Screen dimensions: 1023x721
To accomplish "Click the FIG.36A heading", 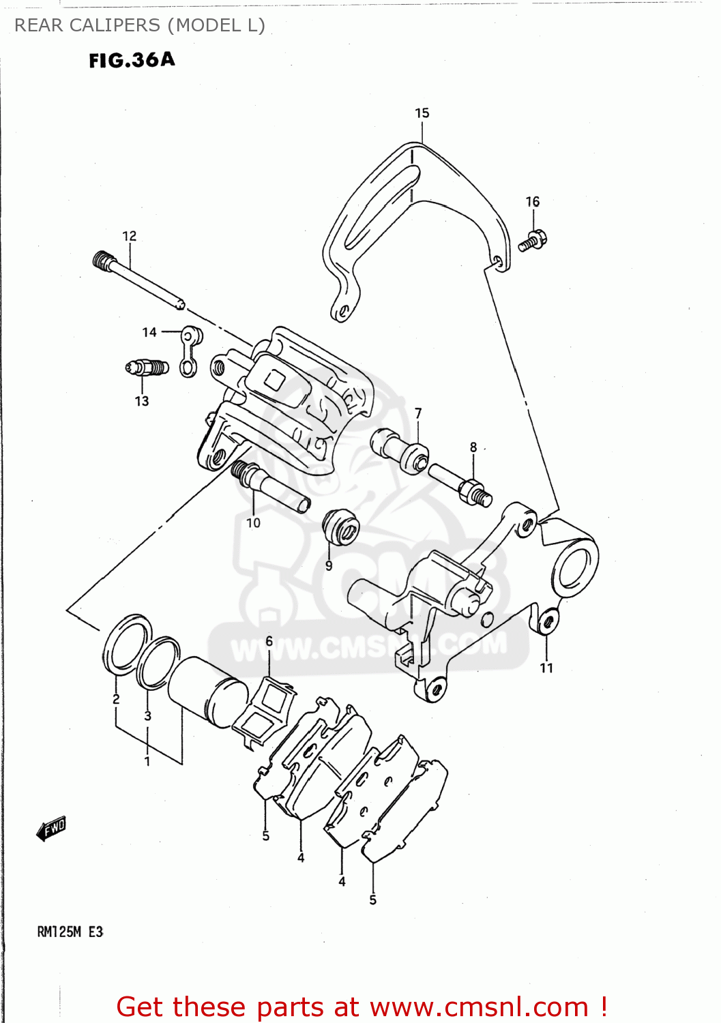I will click(132, 60).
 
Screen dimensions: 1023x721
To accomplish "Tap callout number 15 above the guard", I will click(422, 113).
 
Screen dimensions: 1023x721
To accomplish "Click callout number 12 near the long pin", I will click(130, 236).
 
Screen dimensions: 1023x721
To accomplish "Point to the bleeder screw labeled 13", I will click(147, 368).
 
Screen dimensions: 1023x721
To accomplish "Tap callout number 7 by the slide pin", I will click(418, 413).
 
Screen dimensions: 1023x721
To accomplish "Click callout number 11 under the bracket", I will click(546, 668).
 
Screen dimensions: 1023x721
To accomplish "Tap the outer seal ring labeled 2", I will click(127, 644).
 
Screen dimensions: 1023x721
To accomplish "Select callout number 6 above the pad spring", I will click(269, 641).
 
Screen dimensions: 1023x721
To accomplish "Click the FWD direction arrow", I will click(52, 829).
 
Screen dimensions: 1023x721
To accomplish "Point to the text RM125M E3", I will click(70, 932).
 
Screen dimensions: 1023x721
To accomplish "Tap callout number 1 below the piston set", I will click(147, 760).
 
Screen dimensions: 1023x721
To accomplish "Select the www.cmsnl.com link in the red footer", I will click(479, 1007).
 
